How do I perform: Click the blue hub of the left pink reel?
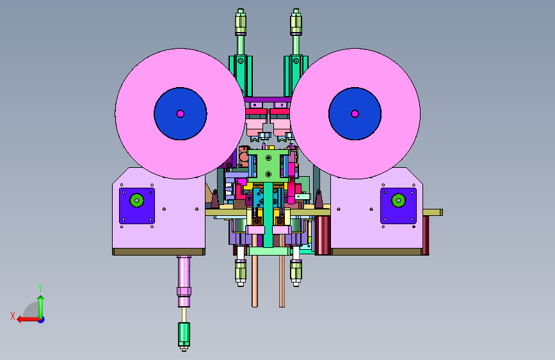pyautogui.click(x=180, y=114)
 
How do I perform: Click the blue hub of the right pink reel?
pyautogui.click(x=355, y=114)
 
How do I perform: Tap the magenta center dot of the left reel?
pyautogui.click(x=180, y=114)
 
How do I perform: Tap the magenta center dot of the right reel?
pyautogui.click(x=355, y=114)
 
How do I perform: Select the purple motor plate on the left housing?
pyautogui.click(x=137, y=206)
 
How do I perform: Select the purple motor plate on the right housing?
pyautogui.click(x=399, y=206)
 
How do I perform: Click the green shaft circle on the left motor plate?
pyautogui.click(x=137, y=200)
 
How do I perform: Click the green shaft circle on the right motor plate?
pyautogui.click(x=399, y=200)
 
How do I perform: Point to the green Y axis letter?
pyautogui.click(x=40, y=288)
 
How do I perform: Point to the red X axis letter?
pyautogui.click(x=13, y=316)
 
